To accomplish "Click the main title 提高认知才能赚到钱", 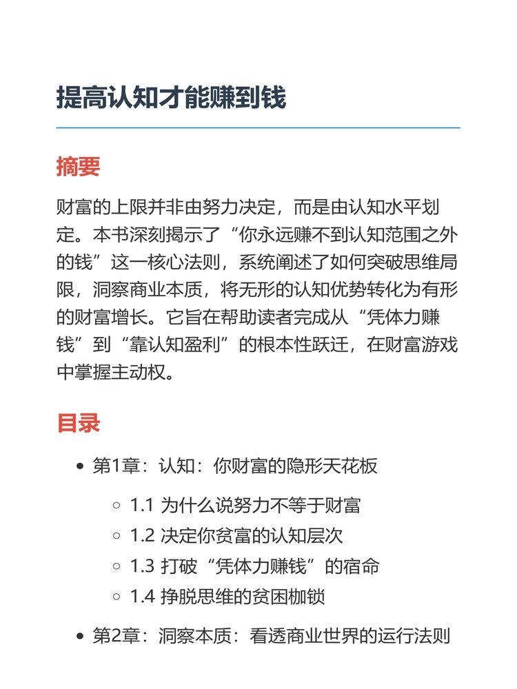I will point(171,98).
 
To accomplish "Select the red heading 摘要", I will point(78,167).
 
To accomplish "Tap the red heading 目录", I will point(78,423).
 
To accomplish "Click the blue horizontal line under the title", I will point(258,128).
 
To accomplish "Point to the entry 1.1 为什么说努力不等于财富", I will point(245,506).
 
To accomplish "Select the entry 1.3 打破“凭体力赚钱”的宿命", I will point(254,566).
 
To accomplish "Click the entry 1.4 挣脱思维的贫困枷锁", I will point(227,596).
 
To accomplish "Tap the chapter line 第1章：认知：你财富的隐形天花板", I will point(235,466).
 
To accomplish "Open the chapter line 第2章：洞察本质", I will point(271,635).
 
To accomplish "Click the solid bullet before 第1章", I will point(80,467).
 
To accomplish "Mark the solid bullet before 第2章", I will point(80,636).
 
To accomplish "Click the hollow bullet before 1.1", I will point(116,506).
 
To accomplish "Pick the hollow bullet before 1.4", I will point(116,597).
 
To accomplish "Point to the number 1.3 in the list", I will point(142,566).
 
